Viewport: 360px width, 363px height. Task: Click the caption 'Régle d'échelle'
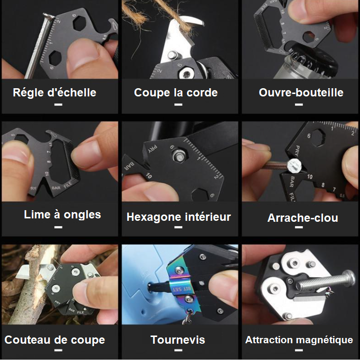tap(54, 93)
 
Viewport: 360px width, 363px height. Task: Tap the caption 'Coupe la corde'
tap(176, 93)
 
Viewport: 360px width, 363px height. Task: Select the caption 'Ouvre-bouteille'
tap(301, 93)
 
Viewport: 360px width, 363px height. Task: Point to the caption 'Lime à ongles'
tap(62, 215)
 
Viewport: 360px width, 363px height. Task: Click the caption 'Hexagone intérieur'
tap(179, 217)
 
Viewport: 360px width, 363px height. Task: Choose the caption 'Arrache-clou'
tap(303, 218)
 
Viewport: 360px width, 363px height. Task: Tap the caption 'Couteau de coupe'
tap(55, 340)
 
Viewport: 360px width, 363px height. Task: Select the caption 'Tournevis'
tap(178, 340)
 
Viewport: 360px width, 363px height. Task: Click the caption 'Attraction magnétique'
tap(299, 340)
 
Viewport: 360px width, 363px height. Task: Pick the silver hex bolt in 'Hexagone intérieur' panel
tap(179, 155)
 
